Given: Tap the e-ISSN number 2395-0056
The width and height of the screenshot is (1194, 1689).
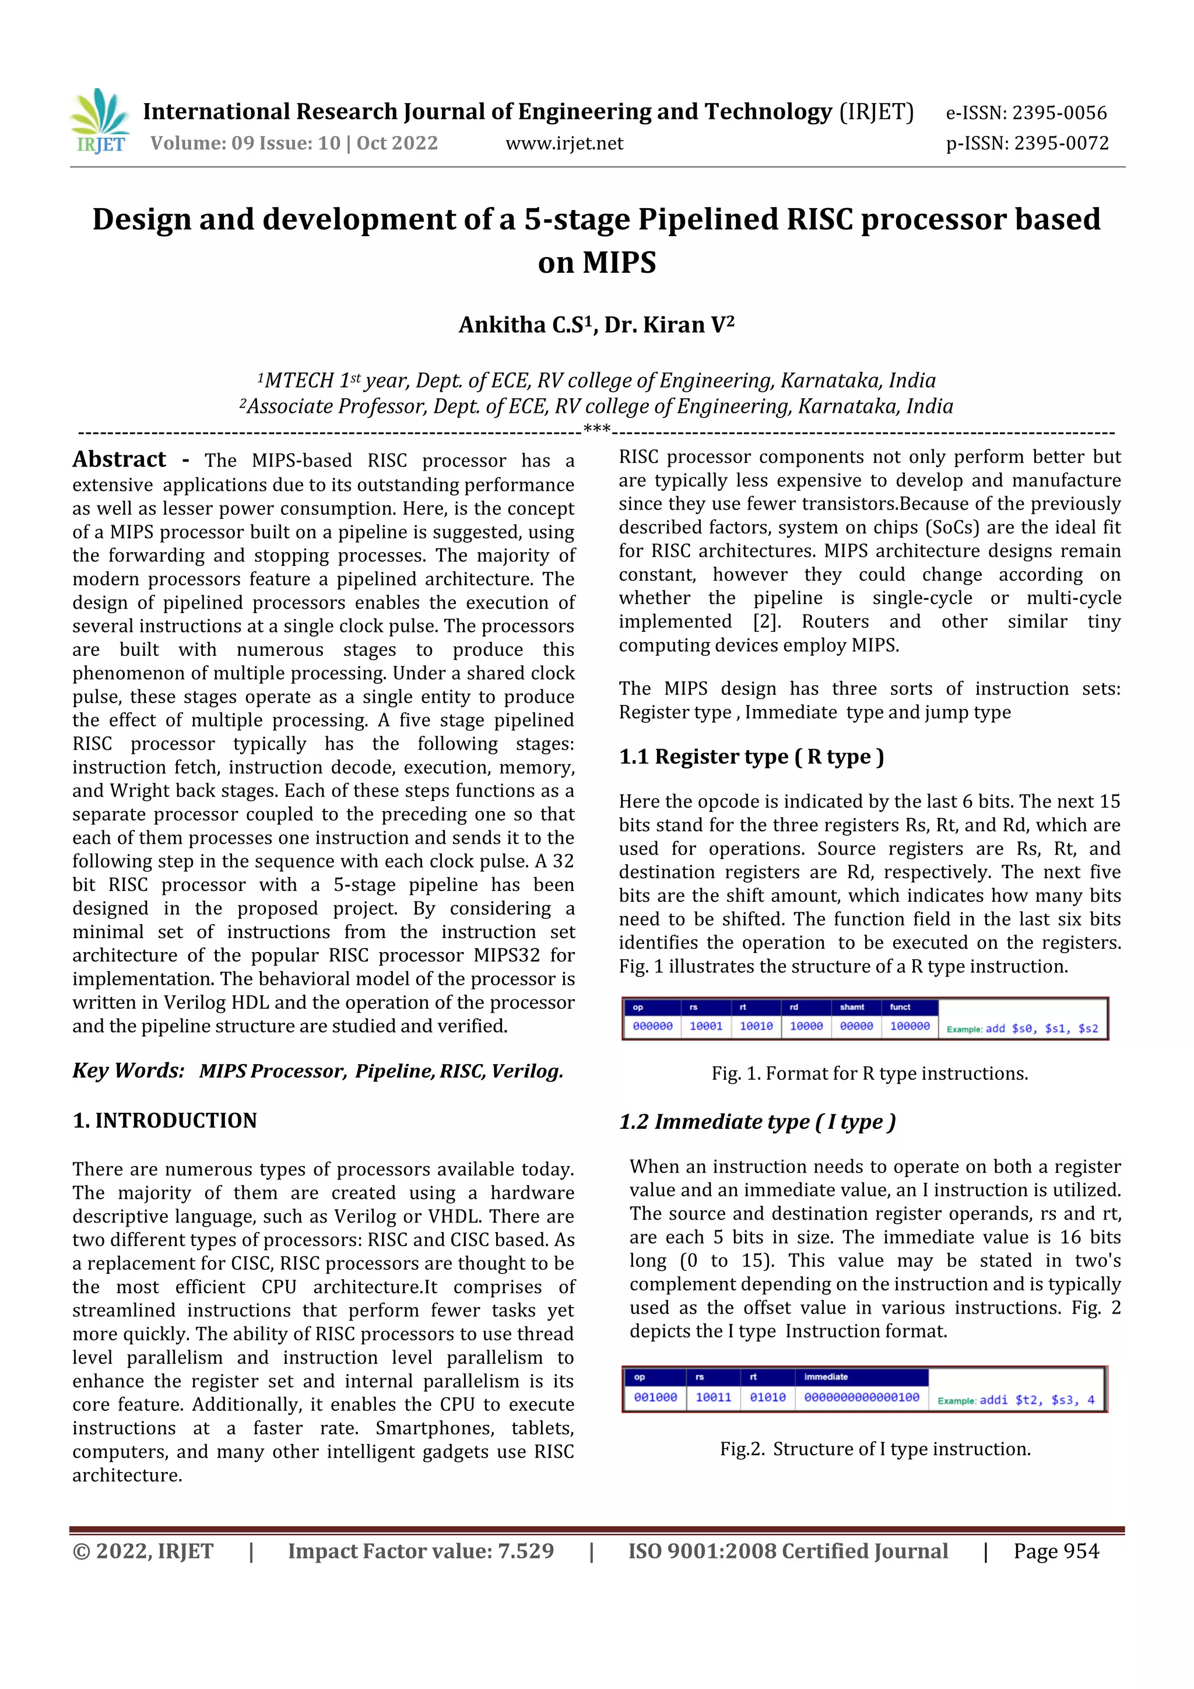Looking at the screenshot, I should click(x=1059, y=113).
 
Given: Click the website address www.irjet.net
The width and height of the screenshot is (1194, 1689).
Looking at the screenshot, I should click(x=564, y=143).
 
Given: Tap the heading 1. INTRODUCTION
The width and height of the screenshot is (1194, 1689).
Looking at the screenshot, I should click(x=165, y=1121).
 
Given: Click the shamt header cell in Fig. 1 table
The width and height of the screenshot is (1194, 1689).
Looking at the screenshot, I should click(x=852, y=1006).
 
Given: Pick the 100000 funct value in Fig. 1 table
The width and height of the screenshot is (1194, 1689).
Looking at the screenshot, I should click(x=909, y=1026).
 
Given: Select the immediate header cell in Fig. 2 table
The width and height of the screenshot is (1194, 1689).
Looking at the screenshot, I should click(x=826, y=1377).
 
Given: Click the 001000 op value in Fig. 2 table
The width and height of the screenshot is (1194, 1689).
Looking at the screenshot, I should click(x=655, y=1397).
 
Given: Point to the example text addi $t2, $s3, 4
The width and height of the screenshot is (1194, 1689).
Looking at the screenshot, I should click(x=1037, y=1399).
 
